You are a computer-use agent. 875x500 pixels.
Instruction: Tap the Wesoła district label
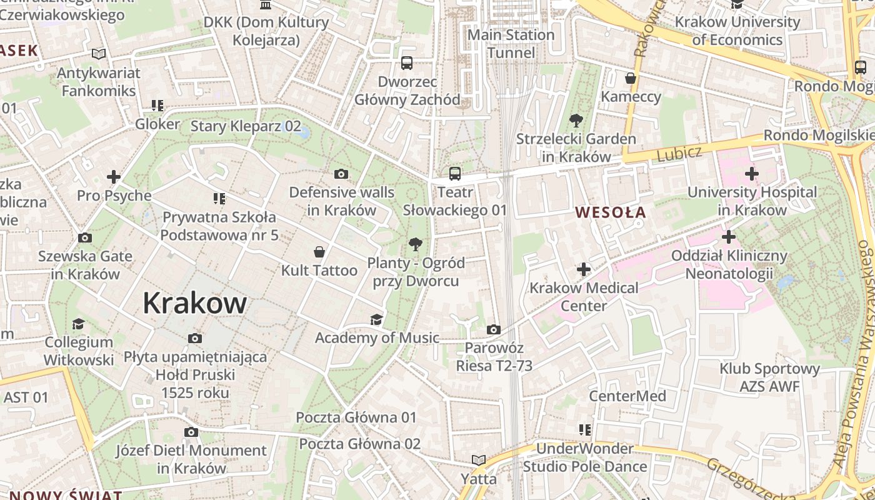tap(611, 212)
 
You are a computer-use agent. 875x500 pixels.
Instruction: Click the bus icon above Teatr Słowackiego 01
tap(454, 174)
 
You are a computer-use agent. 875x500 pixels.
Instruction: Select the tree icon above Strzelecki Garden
tap(576, 121)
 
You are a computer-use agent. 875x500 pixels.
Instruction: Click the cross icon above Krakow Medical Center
tap(584, 269)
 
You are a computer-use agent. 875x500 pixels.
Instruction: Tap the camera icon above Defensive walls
tap(341, 174)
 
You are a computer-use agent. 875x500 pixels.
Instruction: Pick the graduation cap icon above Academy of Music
tap(376, 320)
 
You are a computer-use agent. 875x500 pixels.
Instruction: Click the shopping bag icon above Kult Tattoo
tap(319, 252)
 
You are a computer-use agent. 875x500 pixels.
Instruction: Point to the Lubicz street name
tap(679, 153)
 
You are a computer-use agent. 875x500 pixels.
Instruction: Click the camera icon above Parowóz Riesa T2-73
tap(493, 329)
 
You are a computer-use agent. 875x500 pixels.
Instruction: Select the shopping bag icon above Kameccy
tap(631, 78)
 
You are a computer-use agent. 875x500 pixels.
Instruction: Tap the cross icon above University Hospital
tap(752, 174)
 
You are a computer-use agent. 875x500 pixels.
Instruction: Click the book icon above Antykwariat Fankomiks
tap(99, 54)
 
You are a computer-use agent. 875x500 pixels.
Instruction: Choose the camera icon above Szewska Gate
tap(85, 238)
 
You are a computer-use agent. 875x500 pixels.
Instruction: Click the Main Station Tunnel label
tap(511, 44)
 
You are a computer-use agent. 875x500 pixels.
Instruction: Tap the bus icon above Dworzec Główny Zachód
tap(407, 62)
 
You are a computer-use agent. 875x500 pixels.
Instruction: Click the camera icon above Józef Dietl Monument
tap(191, 432)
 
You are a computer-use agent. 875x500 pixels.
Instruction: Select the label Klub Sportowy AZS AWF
tap(769, 377)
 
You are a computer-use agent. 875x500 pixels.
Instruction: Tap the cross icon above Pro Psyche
tap(114, 177)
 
